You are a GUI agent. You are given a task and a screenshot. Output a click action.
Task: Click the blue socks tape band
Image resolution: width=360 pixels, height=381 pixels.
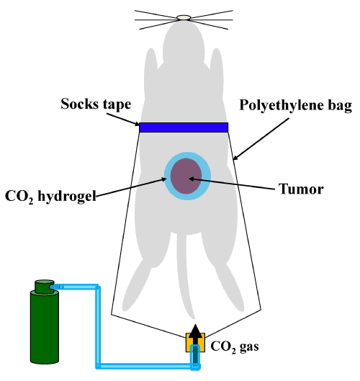pyautogui.click(x=184, y=127)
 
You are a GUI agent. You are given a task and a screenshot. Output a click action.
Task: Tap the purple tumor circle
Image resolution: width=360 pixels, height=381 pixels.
pyautogui.click(x=186, y=176)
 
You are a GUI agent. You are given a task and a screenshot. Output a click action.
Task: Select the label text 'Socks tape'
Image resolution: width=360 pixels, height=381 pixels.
pyautogui.click(x=96, y=104)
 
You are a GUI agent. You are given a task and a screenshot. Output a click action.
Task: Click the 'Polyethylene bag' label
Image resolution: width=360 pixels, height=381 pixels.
pyautogui.click(x=296, y=106)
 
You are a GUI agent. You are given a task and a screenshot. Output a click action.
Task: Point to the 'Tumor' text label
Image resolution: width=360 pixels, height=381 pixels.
pyautogui.click(x=301, y=189)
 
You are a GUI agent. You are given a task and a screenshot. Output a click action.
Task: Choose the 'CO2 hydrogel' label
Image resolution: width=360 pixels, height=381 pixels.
pyautogui.click(x=50, y=197)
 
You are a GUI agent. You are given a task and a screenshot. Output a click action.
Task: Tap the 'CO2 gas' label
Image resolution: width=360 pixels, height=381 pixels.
pyautogui.click(x=235, y=346)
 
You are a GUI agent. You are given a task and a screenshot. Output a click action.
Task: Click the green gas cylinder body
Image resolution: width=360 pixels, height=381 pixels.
pyautogui.click(x=45, y=327)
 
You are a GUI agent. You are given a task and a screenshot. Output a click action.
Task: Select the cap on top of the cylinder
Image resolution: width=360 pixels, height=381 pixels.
pyautogui.click(x=44, y=287)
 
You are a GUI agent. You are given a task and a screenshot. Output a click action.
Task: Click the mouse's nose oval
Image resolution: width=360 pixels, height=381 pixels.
pyautogui.click(x=184, y=17)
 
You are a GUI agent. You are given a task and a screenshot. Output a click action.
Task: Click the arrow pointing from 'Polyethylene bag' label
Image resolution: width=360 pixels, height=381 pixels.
pyautogui.click(x=261, y=139)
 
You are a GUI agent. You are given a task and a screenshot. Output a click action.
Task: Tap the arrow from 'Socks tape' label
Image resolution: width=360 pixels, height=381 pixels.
pyautogui.click(x=123, y=120)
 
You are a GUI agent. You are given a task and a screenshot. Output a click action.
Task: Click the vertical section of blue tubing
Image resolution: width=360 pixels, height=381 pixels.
pyautogui.click(x=98, y=327)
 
